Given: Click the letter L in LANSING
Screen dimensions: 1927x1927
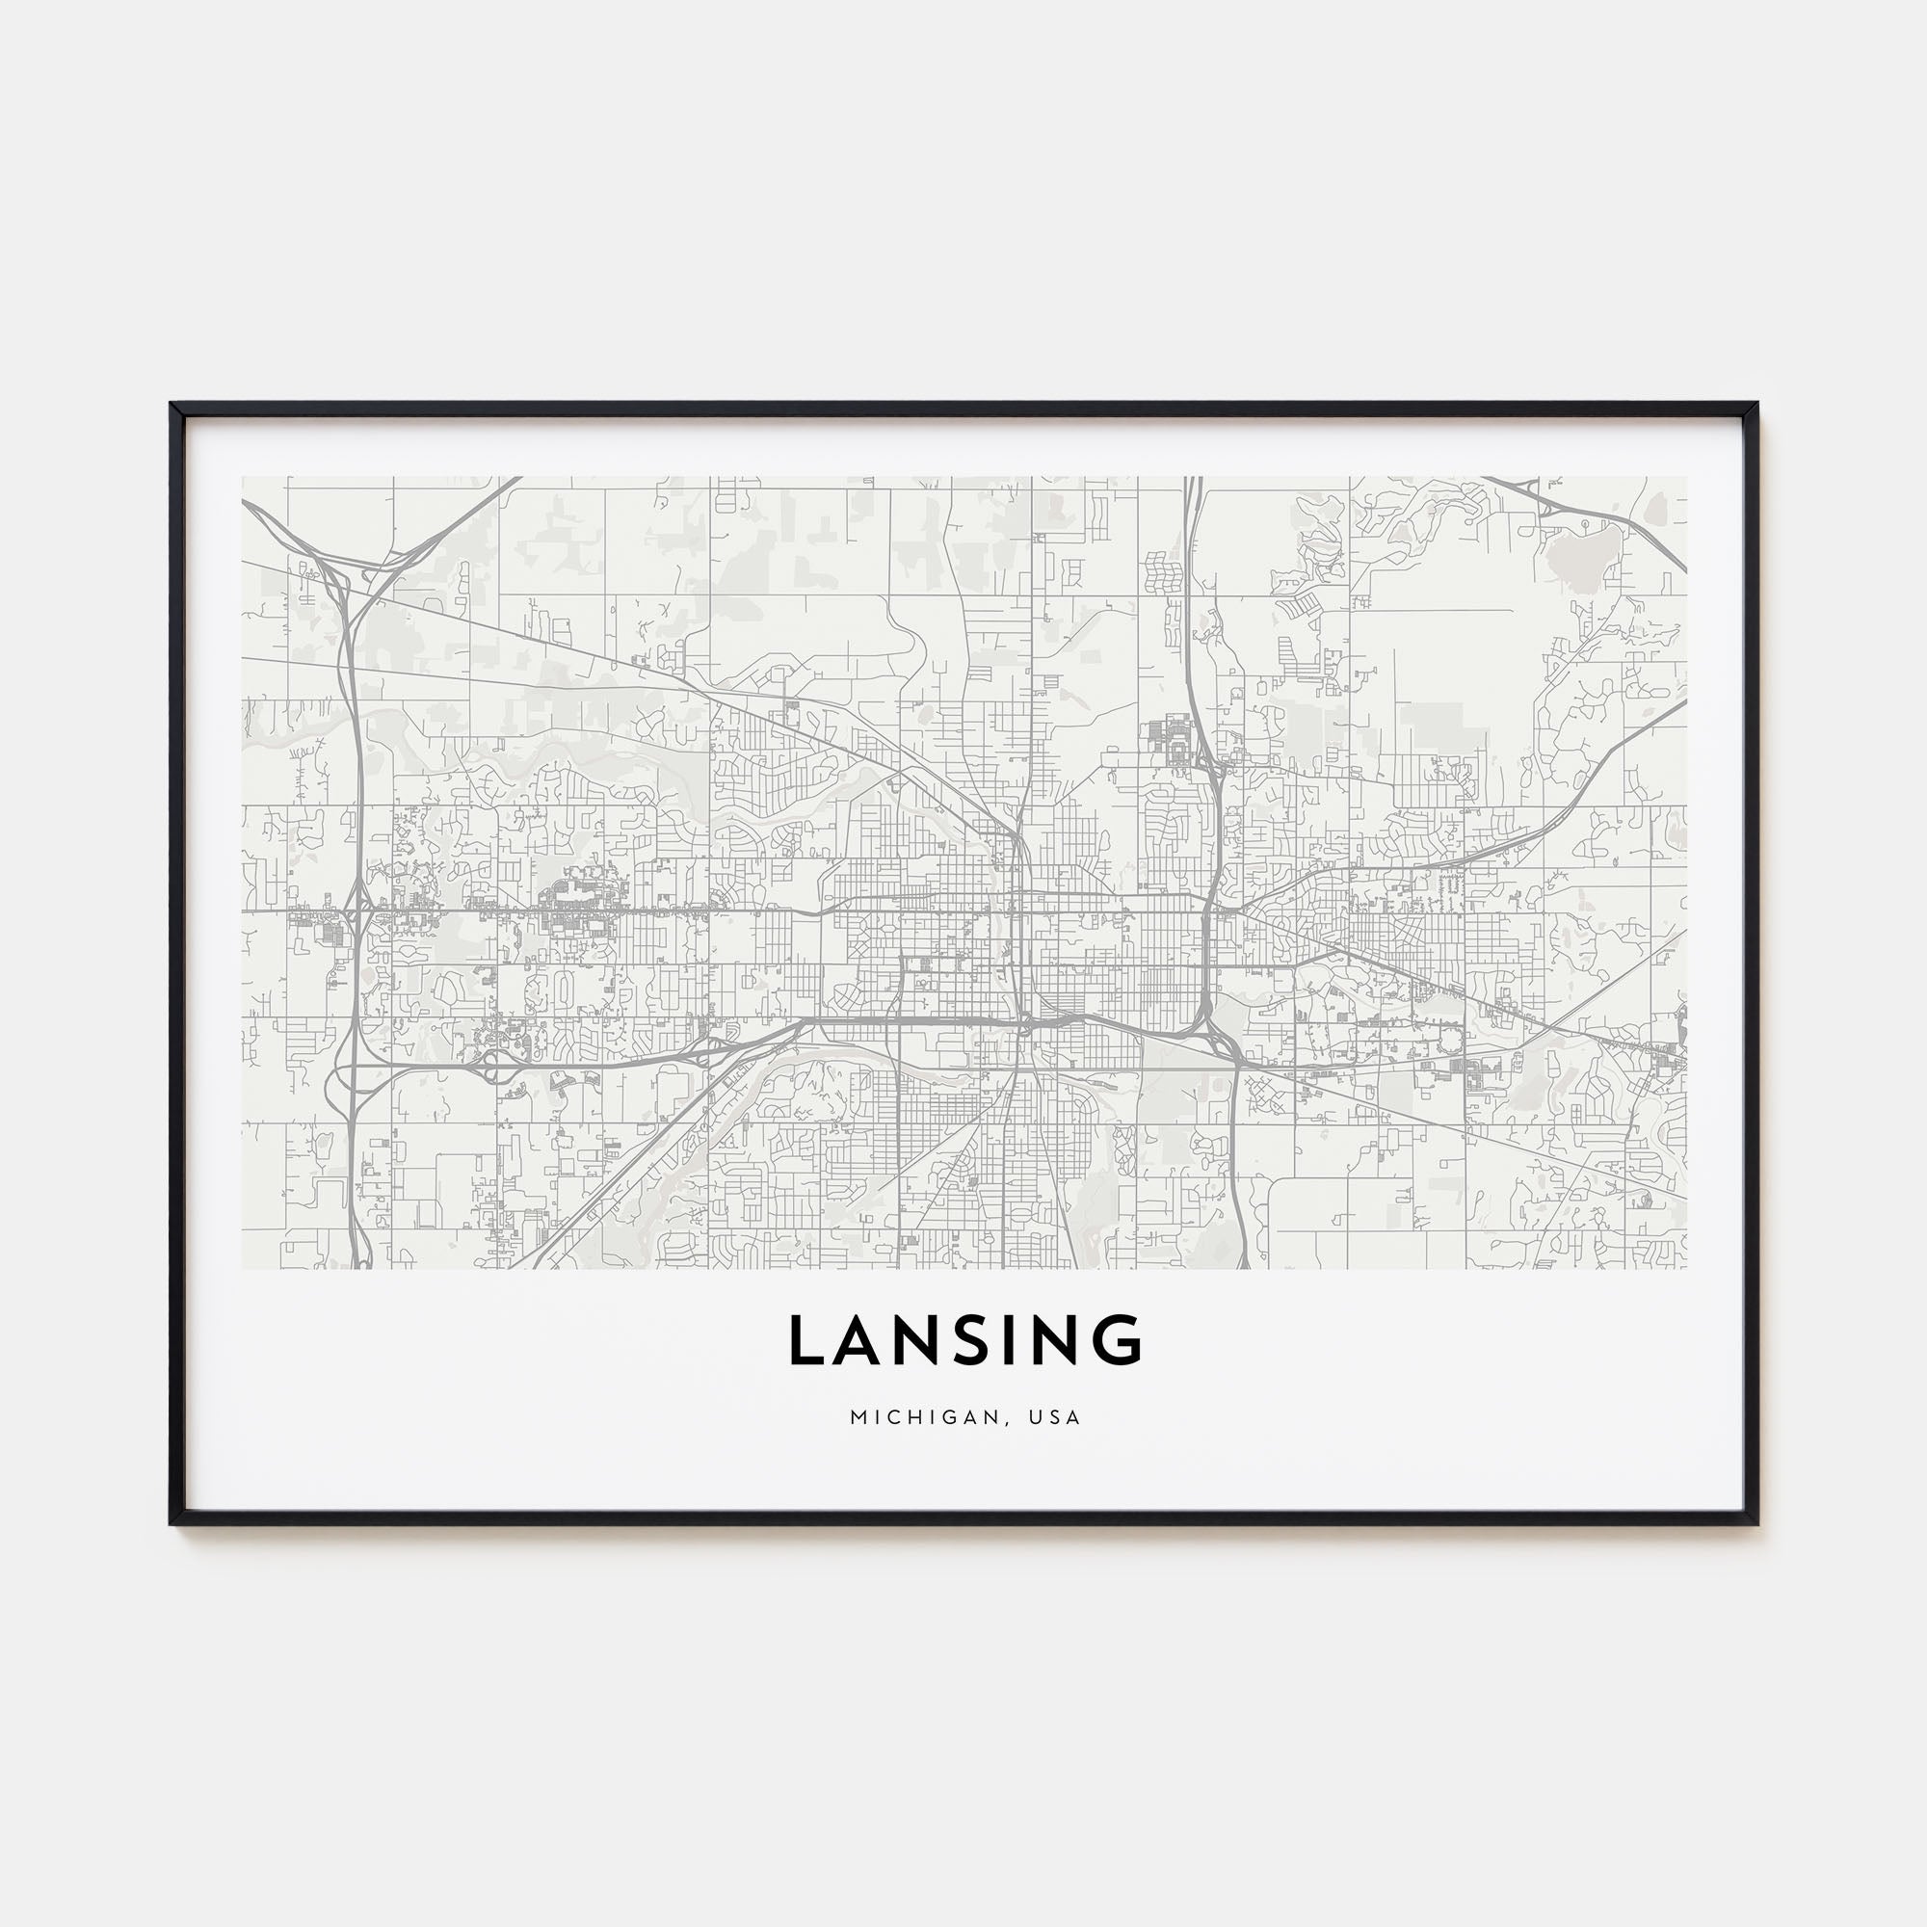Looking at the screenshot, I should point(809,1339).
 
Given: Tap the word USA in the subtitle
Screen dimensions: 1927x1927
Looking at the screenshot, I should point(1057,1417).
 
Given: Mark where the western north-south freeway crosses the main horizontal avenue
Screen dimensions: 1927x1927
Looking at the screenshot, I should point(354,910).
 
